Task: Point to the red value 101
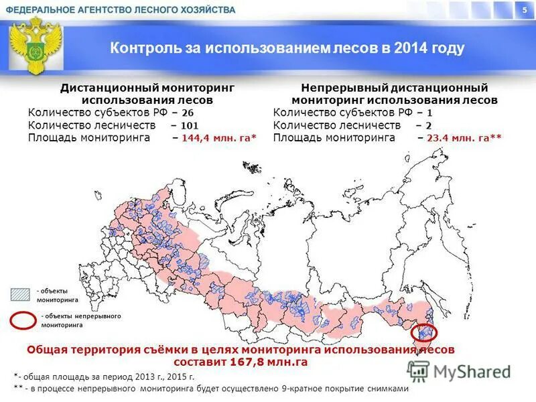(189, 125)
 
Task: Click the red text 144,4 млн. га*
(218, 138)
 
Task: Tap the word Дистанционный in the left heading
(103, 88)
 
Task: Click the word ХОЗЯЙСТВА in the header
(207, 10)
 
